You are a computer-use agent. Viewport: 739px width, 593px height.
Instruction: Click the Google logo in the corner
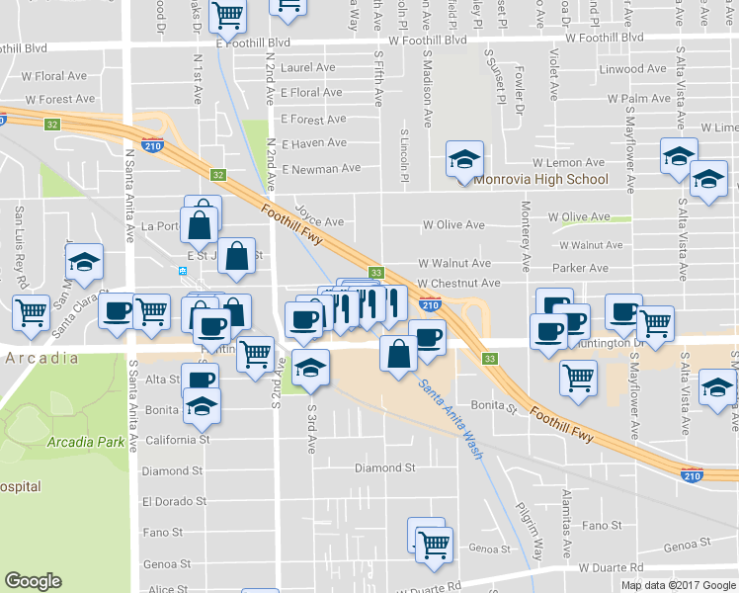33,581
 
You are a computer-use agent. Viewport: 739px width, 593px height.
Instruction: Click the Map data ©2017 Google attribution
680,585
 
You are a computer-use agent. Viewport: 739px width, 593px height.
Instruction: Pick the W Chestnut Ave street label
457,283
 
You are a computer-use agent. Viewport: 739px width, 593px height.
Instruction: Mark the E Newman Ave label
320,169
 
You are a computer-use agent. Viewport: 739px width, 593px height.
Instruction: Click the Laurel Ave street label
307,68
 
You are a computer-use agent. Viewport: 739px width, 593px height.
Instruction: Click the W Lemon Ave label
567,162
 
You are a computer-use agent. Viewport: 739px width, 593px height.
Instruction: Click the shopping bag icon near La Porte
200,224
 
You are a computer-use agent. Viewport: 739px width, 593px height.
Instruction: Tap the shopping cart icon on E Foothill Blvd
228,14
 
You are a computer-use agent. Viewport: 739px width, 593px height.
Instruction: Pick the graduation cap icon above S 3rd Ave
310,369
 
